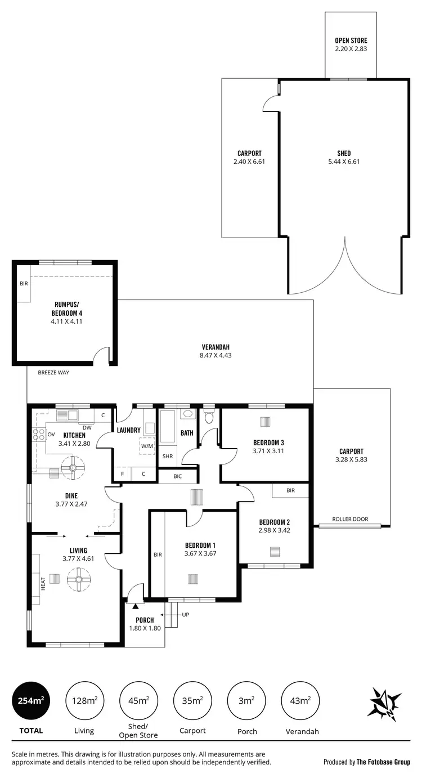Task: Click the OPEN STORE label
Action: [351, 41]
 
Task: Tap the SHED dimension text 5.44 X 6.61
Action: [344, 162]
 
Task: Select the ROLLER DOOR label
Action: [346, 519]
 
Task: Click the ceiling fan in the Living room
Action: [79, 579]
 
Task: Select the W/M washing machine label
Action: [147, 446]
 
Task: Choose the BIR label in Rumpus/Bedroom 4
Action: [24, 284]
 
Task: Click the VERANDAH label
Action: [216, 347]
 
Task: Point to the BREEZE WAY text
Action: [53, 372]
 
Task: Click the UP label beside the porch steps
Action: [185, 614]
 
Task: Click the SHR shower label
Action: [167, 456]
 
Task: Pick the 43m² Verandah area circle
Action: [300, 701]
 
